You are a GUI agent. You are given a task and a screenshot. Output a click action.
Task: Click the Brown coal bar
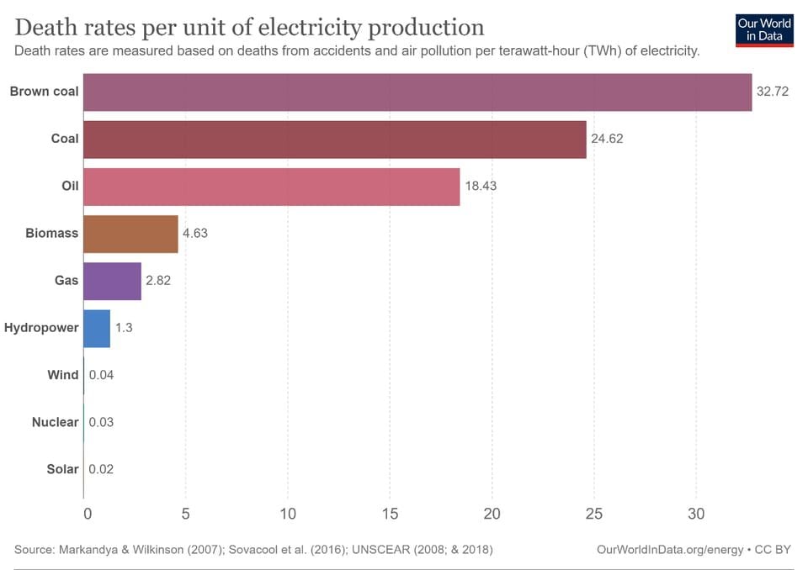coord(417,92)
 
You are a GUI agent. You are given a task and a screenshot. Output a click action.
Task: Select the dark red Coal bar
coord(335,139)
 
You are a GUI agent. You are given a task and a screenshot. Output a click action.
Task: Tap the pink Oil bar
coord(272,186)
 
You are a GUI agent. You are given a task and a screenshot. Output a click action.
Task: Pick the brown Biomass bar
coord(131,234)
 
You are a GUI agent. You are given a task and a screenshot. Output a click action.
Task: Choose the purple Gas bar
coord(113,281)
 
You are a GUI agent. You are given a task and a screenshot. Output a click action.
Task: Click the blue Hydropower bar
coord(97,328)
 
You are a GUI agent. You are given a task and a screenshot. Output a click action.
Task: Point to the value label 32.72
coord(772,92)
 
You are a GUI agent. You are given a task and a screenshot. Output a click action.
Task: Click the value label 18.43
coord(481,186)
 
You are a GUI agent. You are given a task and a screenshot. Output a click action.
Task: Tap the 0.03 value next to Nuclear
coord(101,422)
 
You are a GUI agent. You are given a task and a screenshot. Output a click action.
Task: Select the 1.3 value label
coord(123,328)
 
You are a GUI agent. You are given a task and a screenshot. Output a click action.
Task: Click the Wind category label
coord(63,375)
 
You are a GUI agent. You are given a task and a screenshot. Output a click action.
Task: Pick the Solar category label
coord(62,469)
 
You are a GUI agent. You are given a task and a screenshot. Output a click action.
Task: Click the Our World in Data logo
coord(763,29)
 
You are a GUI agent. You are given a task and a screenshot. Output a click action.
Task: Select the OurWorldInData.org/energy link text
coord(669,549)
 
